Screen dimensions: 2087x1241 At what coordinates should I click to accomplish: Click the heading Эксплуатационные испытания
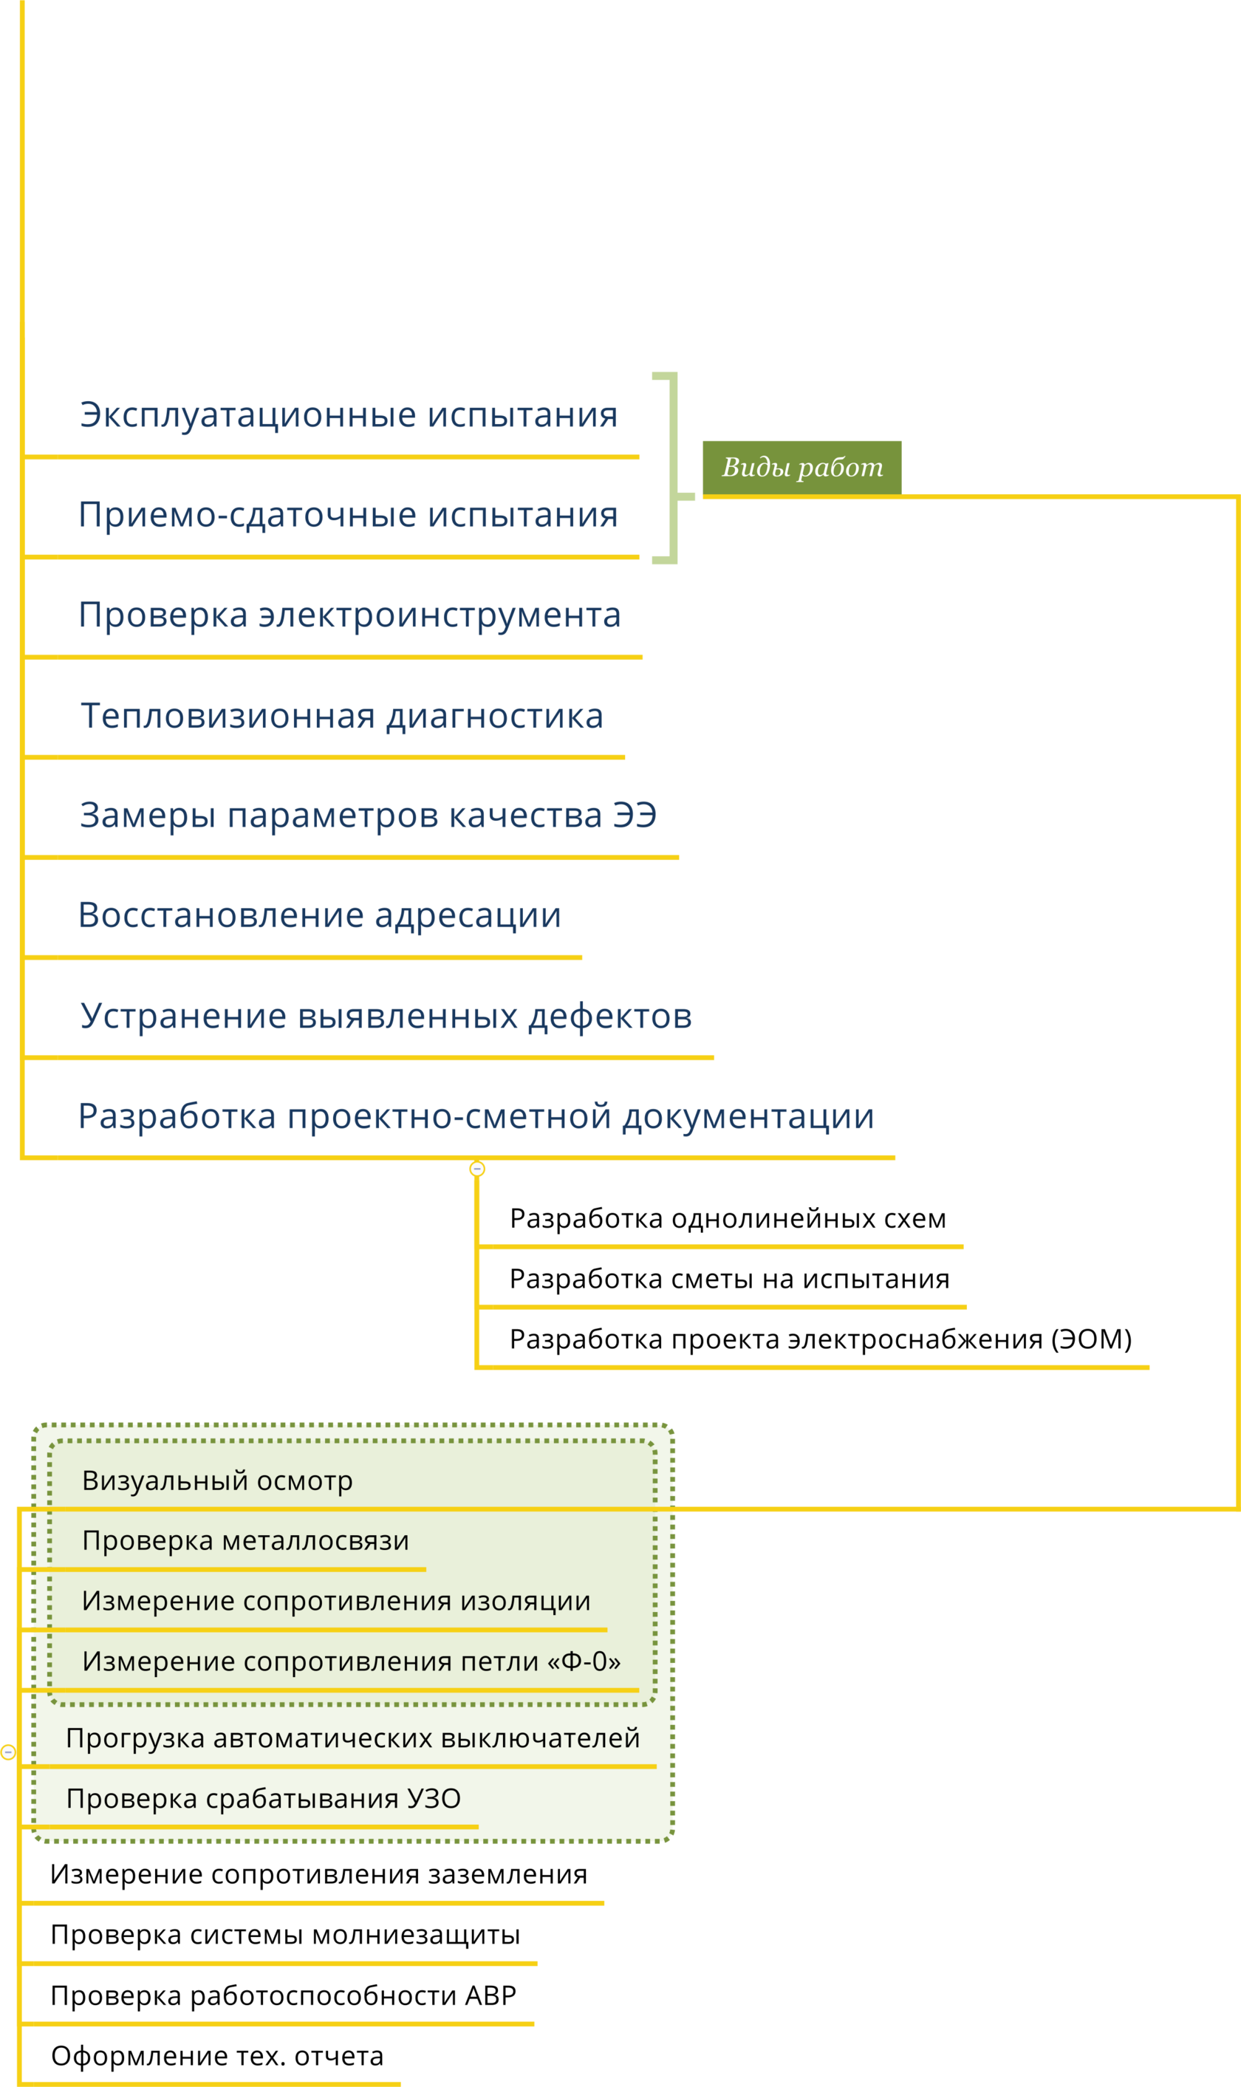[348, 416]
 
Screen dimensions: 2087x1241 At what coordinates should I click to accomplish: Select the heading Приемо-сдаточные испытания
[348, 515]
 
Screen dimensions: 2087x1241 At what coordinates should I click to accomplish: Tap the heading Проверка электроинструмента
[349, 615]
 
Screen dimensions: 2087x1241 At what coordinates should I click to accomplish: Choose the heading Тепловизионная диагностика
[341, 716]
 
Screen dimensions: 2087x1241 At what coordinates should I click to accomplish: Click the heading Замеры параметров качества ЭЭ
[367, 816]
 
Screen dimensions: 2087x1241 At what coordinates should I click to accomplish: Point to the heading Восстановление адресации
[318, 915]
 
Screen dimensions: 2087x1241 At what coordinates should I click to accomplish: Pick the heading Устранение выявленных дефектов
[386, 1016]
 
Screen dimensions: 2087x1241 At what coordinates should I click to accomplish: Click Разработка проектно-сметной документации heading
[476, 1116]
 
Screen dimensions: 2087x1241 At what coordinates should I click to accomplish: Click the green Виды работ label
[802, 467]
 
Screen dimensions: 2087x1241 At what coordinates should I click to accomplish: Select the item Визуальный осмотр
[217, 1480]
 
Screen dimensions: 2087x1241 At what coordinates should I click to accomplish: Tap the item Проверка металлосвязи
[245, 1541]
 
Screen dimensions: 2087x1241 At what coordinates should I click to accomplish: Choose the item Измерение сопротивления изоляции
[336, 1601]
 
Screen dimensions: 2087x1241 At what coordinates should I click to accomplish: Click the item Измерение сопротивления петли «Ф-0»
[351, 1661]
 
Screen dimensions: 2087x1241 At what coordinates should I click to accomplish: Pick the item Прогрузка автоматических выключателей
[352, 1738]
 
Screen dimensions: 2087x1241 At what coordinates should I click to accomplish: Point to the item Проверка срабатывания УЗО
[264, 1799]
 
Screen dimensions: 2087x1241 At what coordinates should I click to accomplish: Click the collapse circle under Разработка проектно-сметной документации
[476, 1169]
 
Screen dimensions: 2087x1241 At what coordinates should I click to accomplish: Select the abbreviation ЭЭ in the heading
[634, 816]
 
